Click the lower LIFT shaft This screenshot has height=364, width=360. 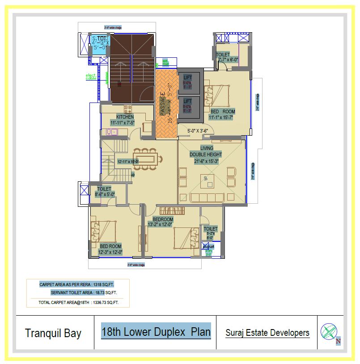coord(188,107)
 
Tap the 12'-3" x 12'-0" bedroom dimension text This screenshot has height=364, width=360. coord(110,252)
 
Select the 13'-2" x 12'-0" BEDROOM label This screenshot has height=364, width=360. coord(162,222)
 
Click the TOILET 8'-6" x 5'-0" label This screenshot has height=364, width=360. coord(105,192)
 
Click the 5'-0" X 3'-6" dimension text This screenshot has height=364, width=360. coord(192,131)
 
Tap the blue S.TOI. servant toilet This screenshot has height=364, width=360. coord(99,43)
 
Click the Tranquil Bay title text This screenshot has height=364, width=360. coord(53,333)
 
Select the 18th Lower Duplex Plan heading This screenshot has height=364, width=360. coord(156,332)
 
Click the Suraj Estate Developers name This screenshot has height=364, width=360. coord(267,333)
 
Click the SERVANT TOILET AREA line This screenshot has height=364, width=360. coord(84,292)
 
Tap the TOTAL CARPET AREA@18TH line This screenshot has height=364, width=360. coord(79,303)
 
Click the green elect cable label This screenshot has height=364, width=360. coord(91,77)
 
